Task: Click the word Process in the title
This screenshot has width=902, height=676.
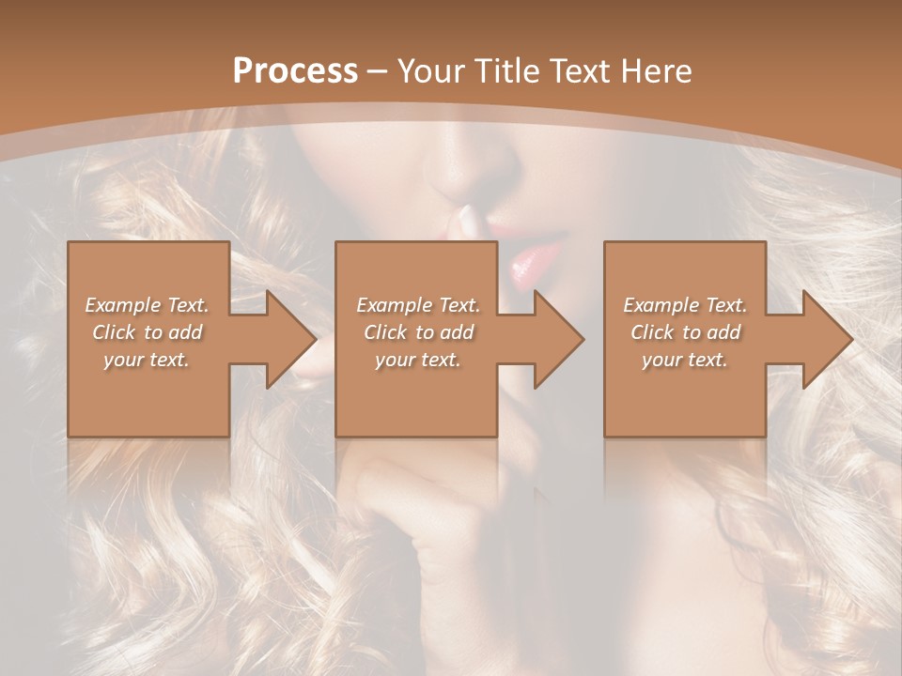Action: (x=295, y=71)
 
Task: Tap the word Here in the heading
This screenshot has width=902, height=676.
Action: (x=657, y=71)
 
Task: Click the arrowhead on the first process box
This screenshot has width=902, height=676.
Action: (x=288, y=339)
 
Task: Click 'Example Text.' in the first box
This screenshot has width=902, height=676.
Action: (x=147, y=305)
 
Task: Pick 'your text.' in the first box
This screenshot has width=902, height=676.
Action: (x=147, y=360)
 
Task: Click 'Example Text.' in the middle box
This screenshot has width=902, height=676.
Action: (x=417, y=305)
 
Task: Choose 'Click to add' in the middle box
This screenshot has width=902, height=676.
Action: (x=417, y=332)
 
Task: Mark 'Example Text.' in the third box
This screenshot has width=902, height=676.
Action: (x=685, y=305)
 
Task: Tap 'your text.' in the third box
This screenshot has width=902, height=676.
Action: (x=685, y=360)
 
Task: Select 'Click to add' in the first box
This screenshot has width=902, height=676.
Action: (x=147, y=332)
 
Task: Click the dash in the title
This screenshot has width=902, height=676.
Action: (x=378, y=72)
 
